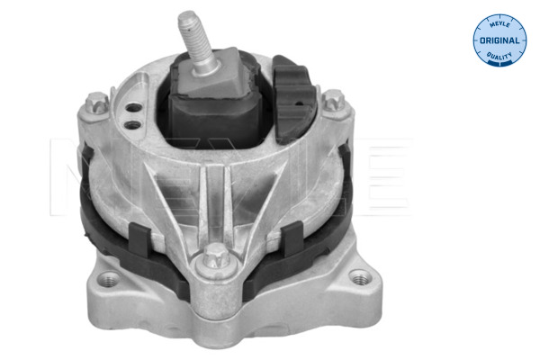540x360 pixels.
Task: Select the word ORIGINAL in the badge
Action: tap(498, 40)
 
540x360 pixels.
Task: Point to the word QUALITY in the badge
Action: tap(498, 58)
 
